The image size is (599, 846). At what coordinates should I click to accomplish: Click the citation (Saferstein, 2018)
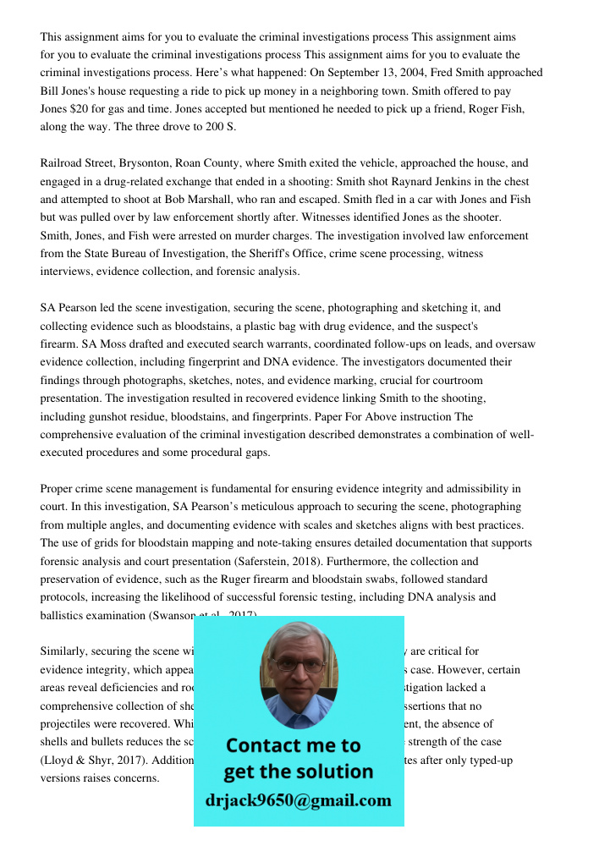pos(323,561)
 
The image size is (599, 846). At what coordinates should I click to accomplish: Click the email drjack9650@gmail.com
pos(299,800)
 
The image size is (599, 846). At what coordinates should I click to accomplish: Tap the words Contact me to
pos(294,745)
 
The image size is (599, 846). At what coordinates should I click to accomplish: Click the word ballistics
pos(65,615)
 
